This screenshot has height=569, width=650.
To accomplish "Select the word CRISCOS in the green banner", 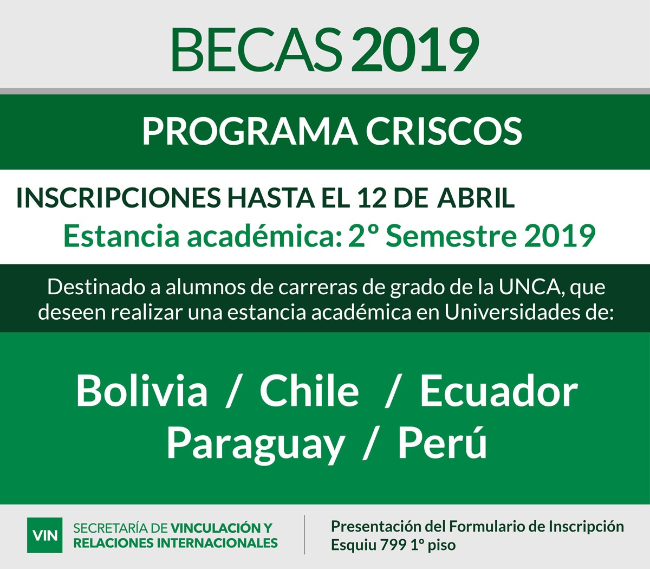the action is (x=444, y=132).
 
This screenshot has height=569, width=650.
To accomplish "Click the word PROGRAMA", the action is (x=250, y=132).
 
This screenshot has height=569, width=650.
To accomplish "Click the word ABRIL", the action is (x=476, y=198).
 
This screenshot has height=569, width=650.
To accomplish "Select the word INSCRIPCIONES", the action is (x=118, y=198).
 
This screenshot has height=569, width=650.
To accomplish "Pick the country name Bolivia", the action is (x=142, y=390).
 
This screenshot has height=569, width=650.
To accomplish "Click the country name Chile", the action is (x=309, y=390).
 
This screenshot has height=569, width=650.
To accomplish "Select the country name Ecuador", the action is (x=499, y=390).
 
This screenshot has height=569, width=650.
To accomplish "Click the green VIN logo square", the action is (x=45, y=535).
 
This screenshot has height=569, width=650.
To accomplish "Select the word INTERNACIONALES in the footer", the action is (x=218, y=543).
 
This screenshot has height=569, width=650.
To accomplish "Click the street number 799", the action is (x=393, y=545).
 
